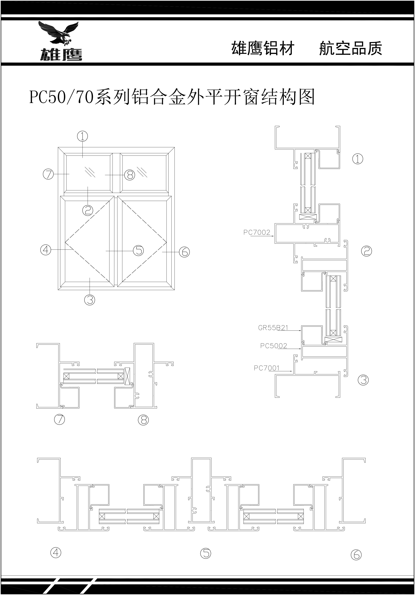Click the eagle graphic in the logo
[x=59, y=33]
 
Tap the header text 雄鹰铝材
[x=263, y=48]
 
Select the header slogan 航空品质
[x=350, y=48]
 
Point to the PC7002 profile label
[x=257, y=233]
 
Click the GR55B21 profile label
[x=273, y=328]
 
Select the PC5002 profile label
[x=273, y=346]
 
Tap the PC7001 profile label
[x=266, y=368]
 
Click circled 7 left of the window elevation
[x=48, y=174]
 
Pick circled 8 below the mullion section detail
[x=143, y=420]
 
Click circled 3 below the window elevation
[x=90, y=300]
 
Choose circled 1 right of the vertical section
[x=358, y=159]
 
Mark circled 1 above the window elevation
[x=82, y=136]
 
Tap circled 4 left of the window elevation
[x=46, y=250]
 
